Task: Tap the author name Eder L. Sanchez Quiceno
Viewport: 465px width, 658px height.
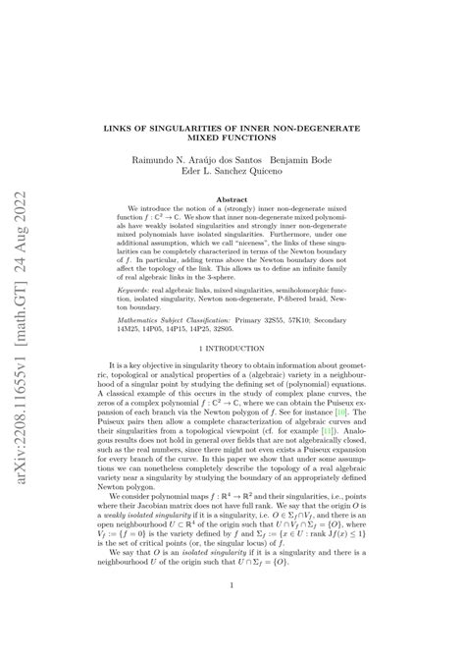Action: point(232,171)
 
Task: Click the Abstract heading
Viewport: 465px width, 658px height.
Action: point(232,198)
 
